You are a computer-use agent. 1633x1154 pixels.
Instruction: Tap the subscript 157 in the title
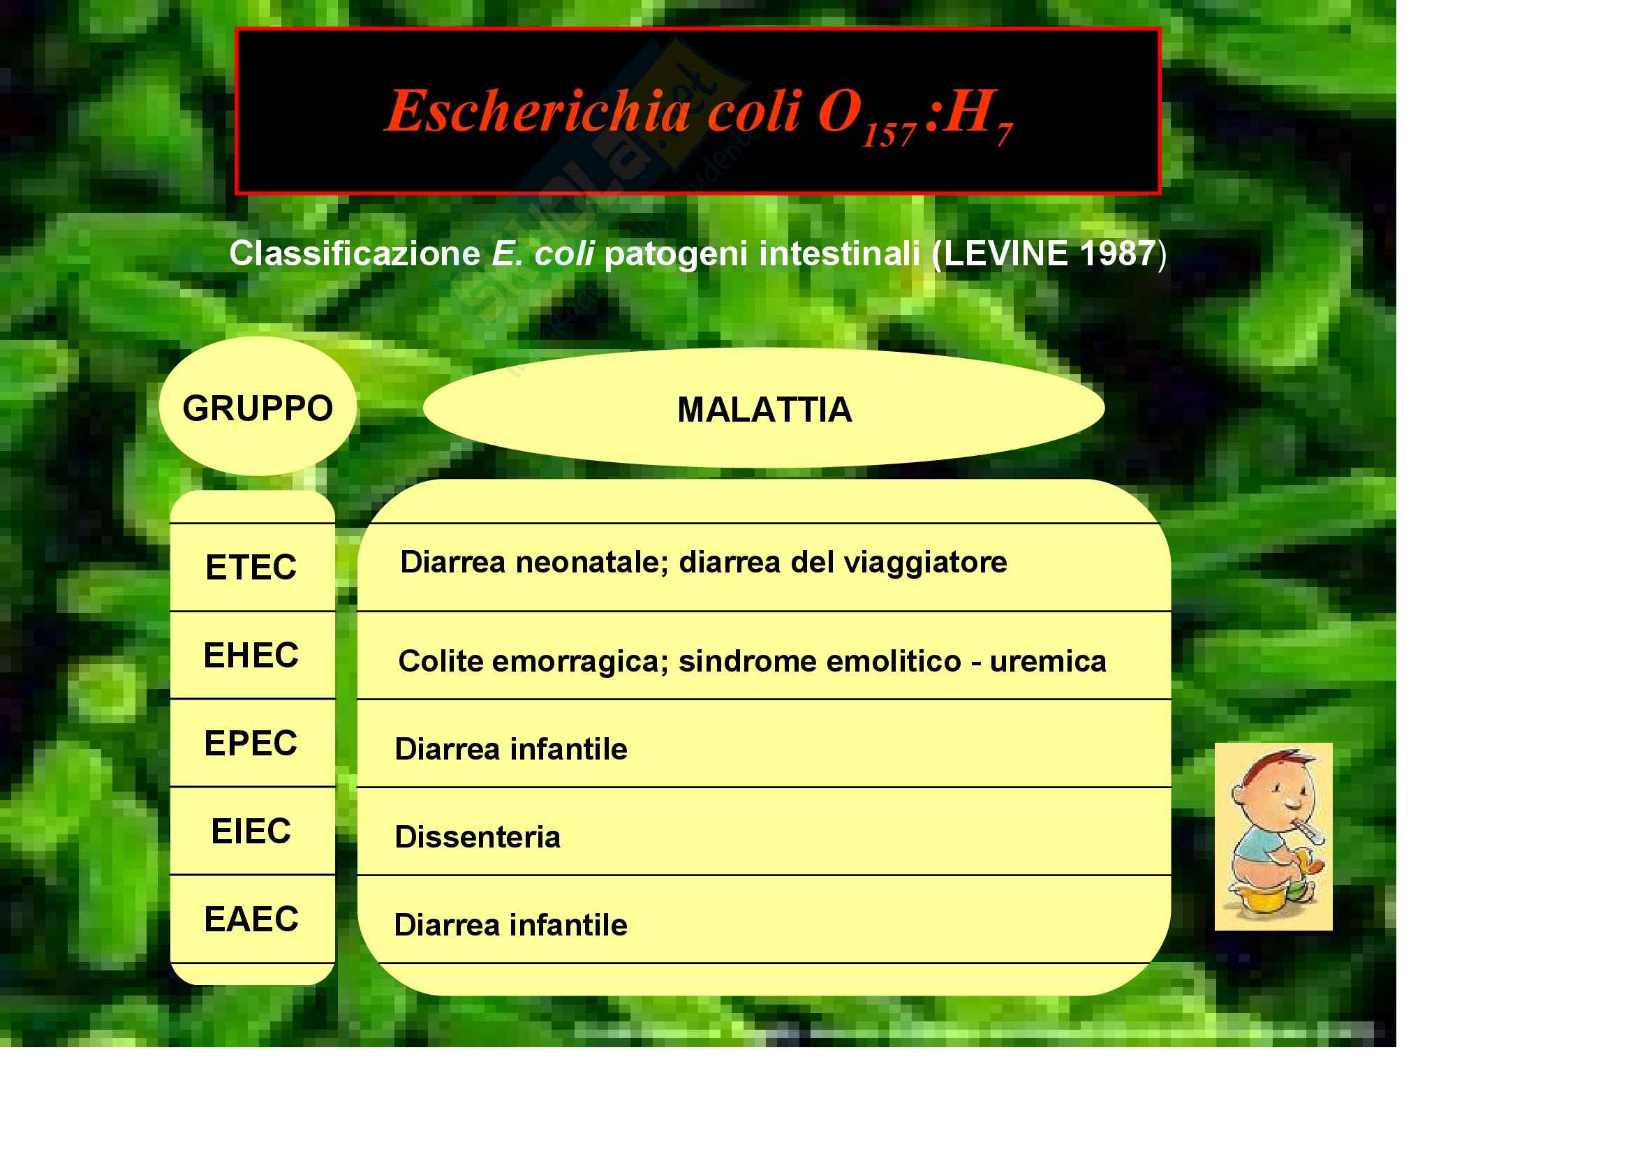pos(889,133)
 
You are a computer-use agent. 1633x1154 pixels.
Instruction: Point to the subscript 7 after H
pos(1004,133)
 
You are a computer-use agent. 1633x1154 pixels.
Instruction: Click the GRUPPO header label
pos(258,408)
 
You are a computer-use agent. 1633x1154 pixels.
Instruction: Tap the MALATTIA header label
pos(764,410)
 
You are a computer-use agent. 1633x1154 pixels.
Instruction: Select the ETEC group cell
pos(251,568)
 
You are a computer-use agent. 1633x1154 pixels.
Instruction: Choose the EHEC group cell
pos(251,655)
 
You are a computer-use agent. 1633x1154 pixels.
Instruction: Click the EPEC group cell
pos(251,743)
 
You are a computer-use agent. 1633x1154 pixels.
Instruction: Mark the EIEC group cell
pos(251,831)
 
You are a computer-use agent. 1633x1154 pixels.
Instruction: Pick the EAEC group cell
pos(251,919)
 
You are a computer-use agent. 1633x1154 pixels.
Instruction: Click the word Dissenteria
pos(478,837)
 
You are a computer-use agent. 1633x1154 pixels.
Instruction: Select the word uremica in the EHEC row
pos(1048,661)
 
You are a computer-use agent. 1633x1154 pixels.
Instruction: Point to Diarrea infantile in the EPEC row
pos(510,748)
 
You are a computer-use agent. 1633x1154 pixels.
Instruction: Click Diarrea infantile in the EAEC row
pos(510,925)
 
